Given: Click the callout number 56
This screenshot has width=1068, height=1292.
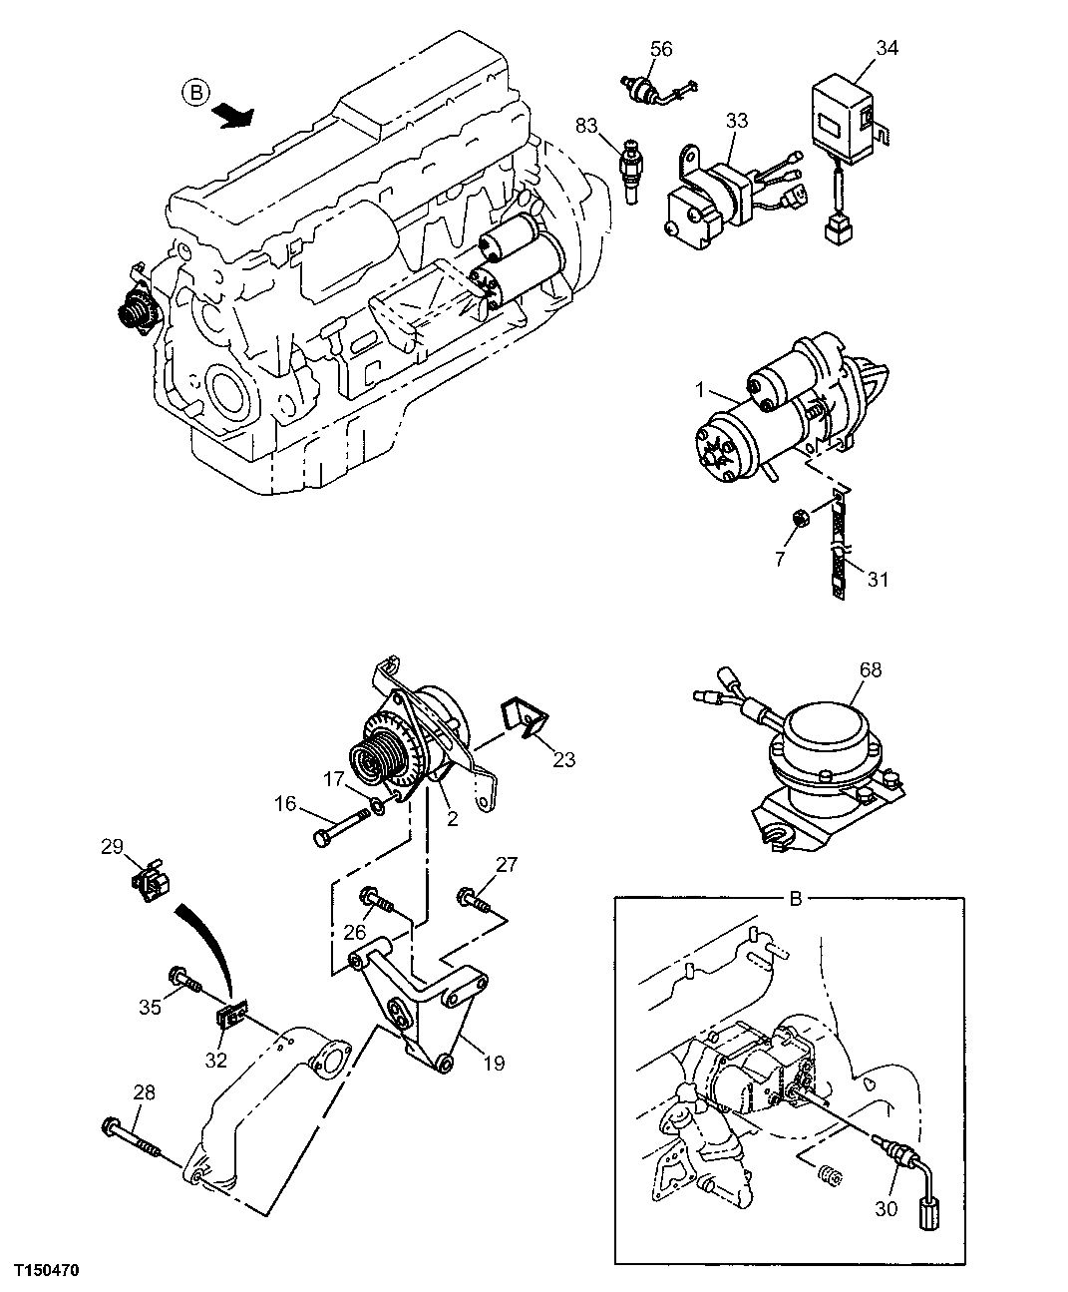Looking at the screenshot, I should click(661, 48).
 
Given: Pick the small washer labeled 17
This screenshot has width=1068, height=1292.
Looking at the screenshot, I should click(376, 807).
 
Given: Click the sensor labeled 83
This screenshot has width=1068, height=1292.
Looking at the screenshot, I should click(630, 162).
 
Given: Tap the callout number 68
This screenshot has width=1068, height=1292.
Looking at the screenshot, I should click(870, 669).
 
